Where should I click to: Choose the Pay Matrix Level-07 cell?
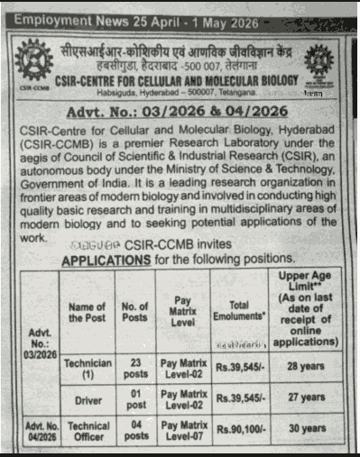tap(186, 429)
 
